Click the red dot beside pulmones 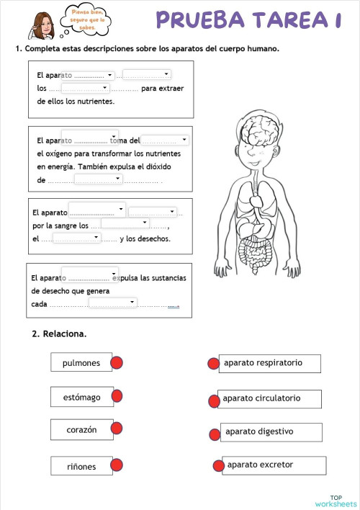tap(117, 362)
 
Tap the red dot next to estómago tap(117, 396)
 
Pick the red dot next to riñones tap(117, 465)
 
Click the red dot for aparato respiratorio tap(213, 364)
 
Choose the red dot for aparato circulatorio tap(213, 401)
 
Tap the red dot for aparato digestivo tap(214, 434)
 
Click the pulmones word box tap(81, 362)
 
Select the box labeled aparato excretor tap(269, 465)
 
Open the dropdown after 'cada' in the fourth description tap(112, 303)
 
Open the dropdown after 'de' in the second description tap(98, 179)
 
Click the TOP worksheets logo tap(336, 501)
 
